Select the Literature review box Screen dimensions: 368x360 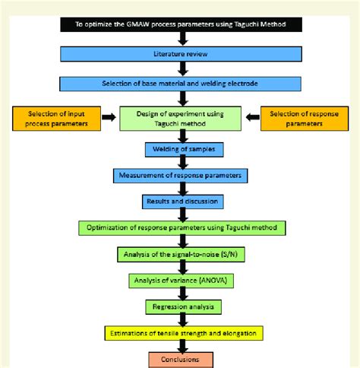coord(182,56)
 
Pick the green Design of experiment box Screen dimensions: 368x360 coord(182,119)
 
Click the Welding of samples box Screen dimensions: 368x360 coord(182,150)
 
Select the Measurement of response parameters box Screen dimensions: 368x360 coord(182,176)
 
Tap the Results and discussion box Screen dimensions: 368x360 coord(182,201)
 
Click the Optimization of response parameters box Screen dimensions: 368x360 coord(182,228)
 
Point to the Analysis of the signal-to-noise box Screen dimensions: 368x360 coord(182,255)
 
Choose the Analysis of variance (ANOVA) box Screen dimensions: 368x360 coord(182,281)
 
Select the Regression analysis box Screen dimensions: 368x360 coord(182,307)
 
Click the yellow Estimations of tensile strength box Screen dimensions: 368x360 coord(182,333)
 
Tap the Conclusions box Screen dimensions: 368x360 coord(182,359)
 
